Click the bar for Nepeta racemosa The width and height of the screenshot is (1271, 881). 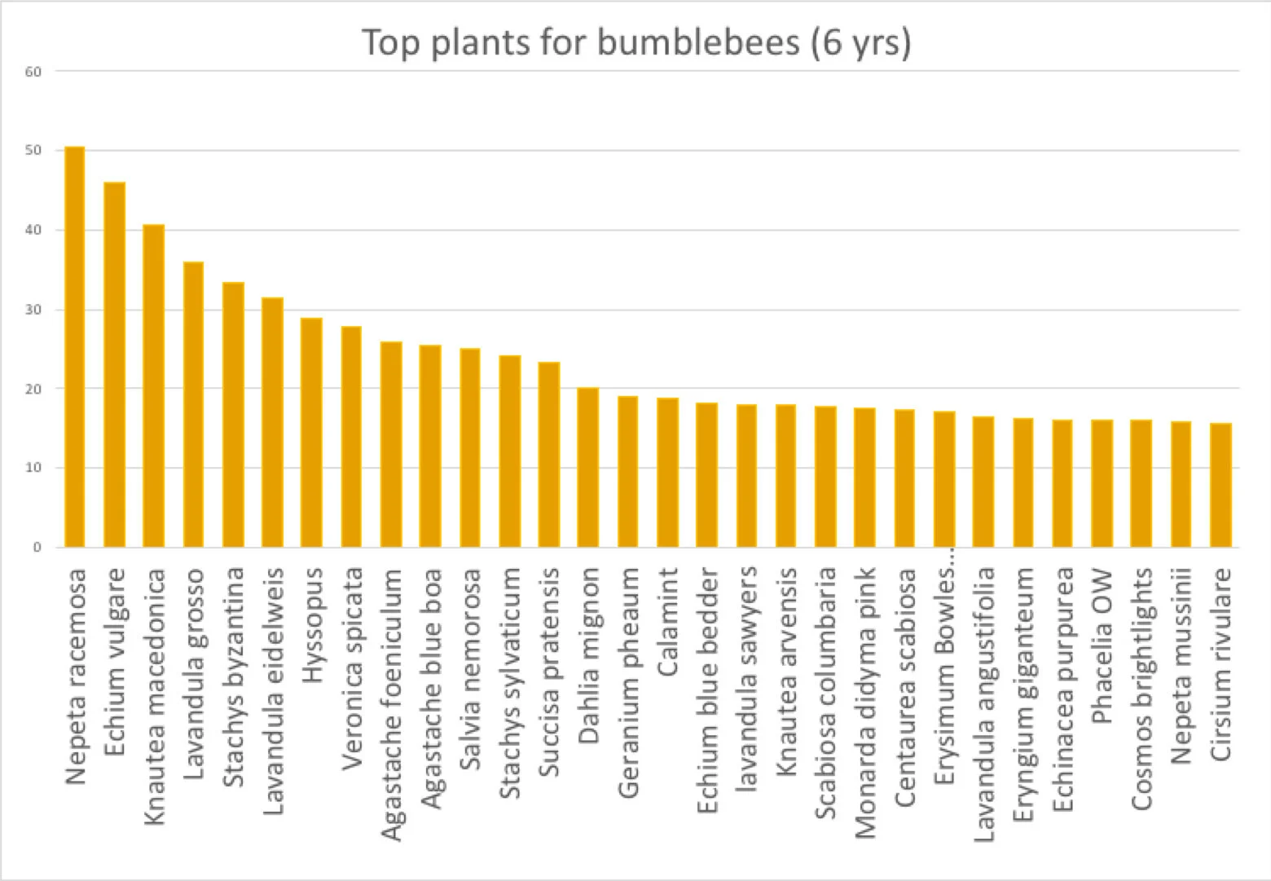75,347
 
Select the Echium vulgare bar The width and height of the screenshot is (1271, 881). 114,365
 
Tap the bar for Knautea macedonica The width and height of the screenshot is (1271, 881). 154,386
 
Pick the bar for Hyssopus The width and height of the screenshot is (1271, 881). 312,433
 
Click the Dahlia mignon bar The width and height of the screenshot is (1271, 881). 588,468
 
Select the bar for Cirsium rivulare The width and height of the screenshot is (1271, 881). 1220,486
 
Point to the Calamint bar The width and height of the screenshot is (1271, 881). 667,473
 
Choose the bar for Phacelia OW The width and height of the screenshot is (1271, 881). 1102,484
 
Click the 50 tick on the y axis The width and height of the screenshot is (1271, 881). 33,151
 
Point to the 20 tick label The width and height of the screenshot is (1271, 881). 33,389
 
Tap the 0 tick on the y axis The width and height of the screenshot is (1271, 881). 37,548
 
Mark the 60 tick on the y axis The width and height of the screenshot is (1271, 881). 33,72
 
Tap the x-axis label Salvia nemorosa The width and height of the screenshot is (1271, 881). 470,670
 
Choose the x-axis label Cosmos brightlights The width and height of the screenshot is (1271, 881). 1142,689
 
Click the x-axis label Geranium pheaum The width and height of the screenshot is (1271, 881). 628,683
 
